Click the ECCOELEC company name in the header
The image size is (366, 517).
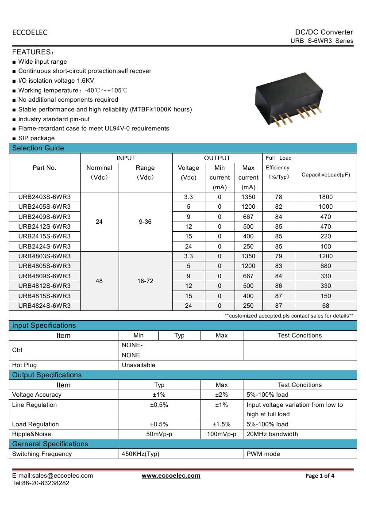(30, 32)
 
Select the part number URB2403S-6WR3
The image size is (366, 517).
(44, 197)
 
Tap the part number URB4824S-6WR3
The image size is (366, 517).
(44, 306)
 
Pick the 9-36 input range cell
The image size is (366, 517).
(145, 222)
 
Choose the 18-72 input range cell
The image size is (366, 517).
(145, 281)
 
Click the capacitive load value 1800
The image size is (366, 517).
(325, 197)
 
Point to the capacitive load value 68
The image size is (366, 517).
(325, 306)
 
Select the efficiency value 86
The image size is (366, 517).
(278, 286)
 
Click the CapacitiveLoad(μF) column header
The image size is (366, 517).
(325, 175)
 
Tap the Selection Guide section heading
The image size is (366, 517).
(38, 148)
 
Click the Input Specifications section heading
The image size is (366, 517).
(44, 326)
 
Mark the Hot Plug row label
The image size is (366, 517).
(24, 365)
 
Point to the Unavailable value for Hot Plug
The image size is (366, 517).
(139, 365)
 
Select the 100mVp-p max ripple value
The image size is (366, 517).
(221, 434)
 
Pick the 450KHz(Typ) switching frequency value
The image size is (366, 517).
(140, 454)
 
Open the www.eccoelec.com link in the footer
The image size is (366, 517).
(171, 476)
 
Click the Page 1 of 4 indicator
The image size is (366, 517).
(320, 476)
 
